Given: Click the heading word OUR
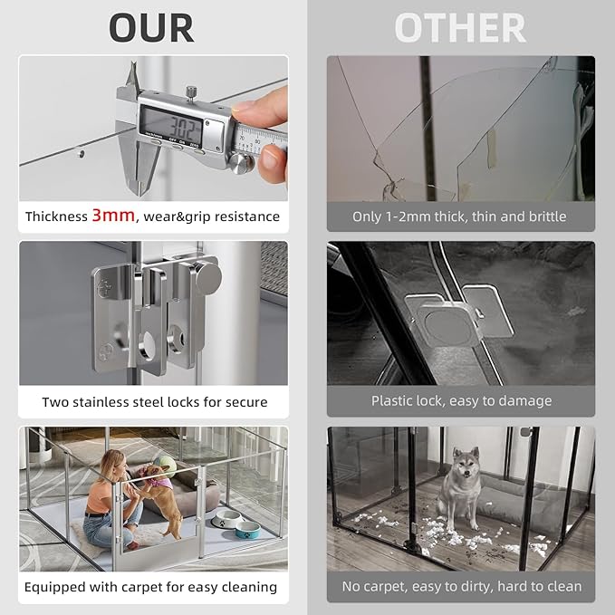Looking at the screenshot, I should tap(151, 27).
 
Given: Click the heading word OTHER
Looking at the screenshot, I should tap(459, 27).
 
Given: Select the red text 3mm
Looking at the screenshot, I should tap(113, 216).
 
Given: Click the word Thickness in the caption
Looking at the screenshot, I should tap(56, 217).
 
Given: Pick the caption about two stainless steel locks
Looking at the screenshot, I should tap(154, 401).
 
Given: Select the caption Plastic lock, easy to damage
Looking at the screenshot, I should tap(461, 400).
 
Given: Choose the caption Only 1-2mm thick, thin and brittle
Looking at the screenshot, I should tap(459, 217).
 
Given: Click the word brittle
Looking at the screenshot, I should tap(545, 217).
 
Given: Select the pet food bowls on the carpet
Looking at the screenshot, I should tap(235, 521).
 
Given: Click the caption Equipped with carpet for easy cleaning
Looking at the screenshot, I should tap(150, 586).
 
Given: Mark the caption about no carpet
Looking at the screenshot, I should tap(461, 586).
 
